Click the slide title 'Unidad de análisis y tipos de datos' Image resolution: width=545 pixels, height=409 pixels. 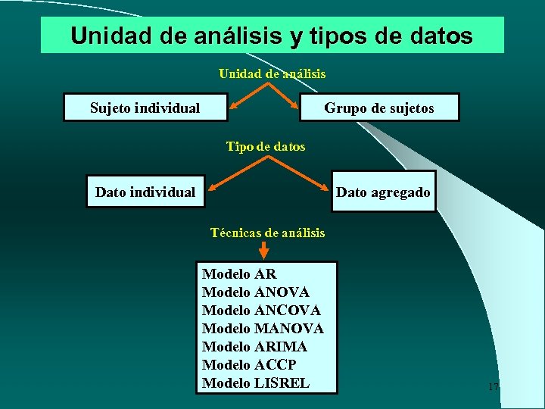(271, 36)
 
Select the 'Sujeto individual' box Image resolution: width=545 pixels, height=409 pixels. (145, 108)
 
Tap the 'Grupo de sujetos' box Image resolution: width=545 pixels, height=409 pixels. (379, 108)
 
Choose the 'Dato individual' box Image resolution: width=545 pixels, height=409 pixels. (145, 192)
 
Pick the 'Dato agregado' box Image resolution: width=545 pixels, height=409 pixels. (383, 192)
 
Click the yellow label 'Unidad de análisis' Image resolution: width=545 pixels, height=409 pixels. (272, 73)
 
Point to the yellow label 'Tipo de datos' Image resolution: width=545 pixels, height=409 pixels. (266, 146)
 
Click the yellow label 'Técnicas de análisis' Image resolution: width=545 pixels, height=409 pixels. (267, 233)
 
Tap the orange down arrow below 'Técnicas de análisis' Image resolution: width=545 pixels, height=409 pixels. (254, 251)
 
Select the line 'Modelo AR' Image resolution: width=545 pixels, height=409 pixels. (239, 274)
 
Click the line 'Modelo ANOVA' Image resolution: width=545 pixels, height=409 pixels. (256, 292)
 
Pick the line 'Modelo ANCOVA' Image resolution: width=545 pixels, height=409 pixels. (261, 311)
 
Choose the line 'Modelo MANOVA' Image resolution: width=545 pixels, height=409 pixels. (263, 329)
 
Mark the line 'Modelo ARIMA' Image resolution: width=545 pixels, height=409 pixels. (254, 347)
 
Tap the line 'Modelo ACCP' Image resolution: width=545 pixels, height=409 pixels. (249, 365)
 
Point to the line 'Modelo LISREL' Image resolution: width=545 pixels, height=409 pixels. (256, 383)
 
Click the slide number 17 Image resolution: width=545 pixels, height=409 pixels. (494, 387)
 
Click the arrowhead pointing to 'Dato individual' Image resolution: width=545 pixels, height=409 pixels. (214, 185)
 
